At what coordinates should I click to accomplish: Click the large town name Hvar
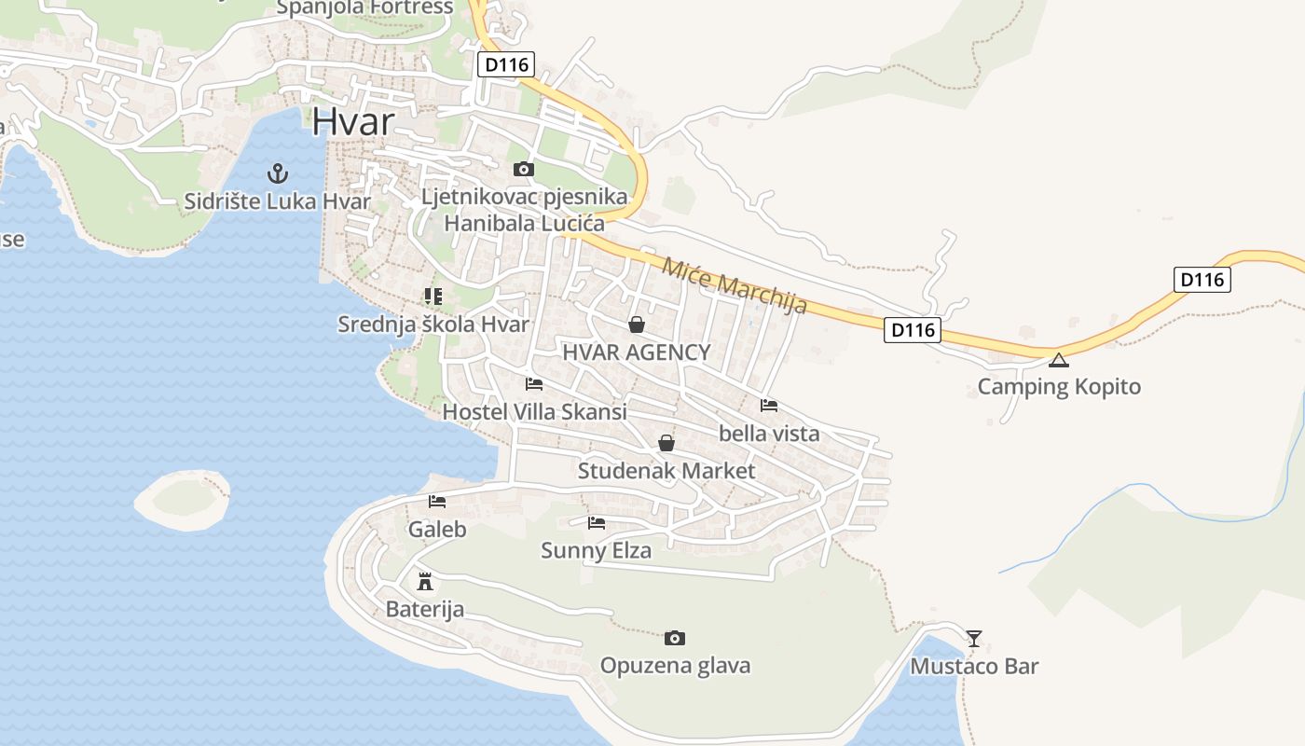[353, 121]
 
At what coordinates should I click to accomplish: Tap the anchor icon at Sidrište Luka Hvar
[277, 173]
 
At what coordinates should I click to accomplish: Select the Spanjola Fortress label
[365, 8]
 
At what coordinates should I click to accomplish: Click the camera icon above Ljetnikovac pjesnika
[524, 169]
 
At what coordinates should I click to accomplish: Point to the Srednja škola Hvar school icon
[433, 297]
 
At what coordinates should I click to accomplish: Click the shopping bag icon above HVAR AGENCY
[637, 325]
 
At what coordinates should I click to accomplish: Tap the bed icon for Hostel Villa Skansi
[534, 383]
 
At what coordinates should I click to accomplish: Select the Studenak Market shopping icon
[666, 443]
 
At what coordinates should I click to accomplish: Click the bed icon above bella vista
[769, 405]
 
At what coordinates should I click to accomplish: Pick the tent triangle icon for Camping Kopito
[1058, 360]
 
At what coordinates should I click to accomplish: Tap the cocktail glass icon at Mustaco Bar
[974, 638]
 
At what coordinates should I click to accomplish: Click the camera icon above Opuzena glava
[675, 638]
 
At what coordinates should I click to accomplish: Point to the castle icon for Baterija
[425, 582]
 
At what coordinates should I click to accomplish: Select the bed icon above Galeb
[437, 501]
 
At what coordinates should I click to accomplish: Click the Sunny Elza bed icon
[597, 522]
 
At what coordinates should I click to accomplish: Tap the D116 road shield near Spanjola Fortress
[506, 64]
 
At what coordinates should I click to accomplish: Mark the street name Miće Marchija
[734, 286]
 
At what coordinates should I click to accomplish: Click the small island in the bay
[183, 499]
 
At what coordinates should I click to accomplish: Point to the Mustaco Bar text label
[974, 666]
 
